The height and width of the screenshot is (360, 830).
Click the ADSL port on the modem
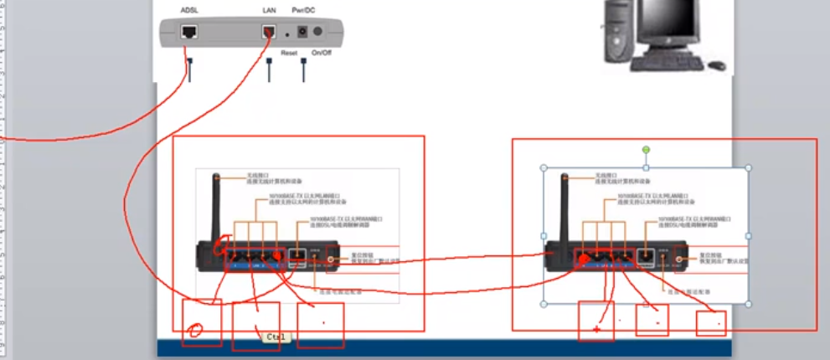point(189,33)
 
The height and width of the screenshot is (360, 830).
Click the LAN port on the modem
point(269,33)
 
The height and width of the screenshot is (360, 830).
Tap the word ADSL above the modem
point(189,10)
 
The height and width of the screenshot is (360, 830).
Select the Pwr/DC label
point(302,10)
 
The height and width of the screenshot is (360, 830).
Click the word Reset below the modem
point(289,53)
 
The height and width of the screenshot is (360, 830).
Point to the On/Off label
point(322,53)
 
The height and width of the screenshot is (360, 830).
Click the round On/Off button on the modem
point(317,33)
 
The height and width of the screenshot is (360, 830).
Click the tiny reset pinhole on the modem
point(287,33)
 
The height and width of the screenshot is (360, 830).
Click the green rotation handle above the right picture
point(646,150)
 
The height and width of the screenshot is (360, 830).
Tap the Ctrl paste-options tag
point(275,337)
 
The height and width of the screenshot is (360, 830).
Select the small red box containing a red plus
point(595,321)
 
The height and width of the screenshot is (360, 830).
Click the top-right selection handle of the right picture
point(748,167)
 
